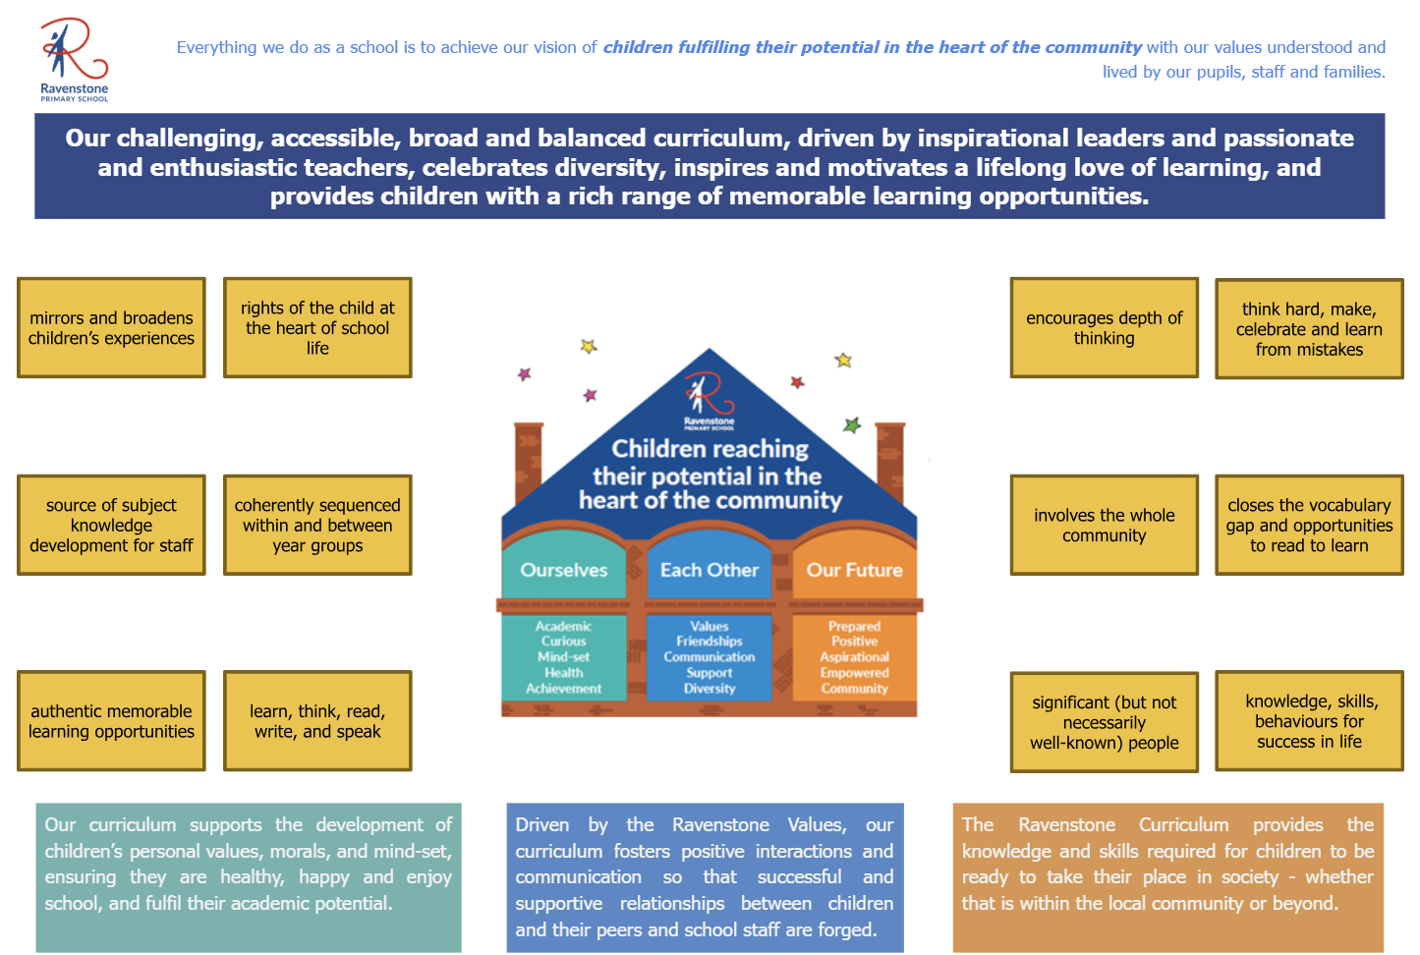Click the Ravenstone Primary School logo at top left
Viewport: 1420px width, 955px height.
coord(74,59)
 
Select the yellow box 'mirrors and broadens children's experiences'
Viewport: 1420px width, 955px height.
coord(111,327)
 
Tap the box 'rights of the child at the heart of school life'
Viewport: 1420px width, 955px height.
coord(317,327)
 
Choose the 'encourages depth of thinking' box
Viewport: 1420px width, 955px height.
coord(1104,327)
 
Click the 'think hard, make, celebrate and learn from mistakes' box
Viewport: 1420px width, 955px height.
coord(1309,328)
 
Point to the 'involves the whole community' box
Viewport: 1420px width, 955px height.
coord(1104,525)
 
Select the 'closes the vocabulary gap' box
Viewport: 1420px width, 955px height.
coord(1309,525)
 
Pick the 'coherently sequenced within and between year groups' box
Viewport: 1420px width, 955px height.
coord(317,525)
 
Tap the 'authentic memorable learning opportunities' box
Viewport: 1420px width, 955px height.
coord(111,720)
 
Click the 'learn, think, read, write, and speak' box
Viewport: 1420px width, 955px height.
coord(317,720)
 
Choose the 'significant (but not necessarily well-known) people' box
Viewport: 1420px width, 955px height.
coord(1104,722)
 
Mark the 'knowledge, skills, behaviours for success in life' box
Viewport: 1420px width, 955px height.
coord(1309,720)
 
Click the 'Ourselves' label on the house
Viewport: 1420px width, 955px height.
coord(564,570)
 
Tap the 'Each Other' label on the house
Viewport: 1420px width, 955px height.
coord(710,570)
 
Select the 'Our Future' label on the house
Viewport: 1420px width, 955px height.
coord(854,570)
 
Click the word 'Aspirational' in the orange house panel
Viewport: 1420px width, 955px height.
coord(854,657)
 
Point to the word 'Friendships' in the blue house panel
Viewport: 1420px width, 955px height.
coord(710,642)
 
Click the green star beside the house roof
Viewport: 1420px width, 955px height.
coord(852,425)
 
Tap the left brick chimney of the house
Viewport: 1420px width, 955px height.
coord(528,462)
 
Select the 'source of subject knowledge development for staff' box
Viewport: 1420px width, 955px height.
coord(111,525)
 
